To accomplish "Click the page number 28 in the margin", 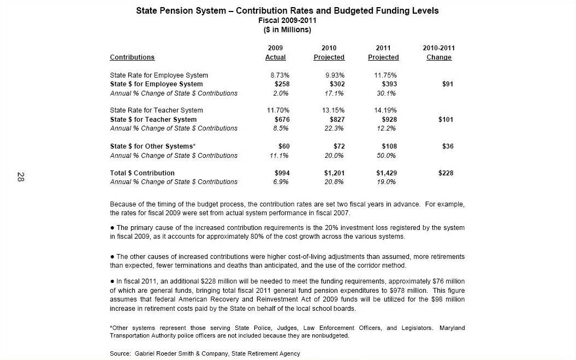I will point(20,176).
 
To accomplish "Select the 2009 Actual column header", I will point(275,53).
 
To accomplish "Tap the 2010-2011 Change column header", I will point(438,53).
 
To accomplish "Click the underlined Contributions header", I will point(132,57).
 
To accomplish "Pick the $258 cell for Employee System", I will point(282,84).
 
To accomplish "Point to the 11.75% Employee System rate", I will point(385,75).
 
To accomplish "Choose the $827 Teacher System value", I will point(337,119).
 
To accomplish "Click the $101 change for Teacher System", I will point(446,119).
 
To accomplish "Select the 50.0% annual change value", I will point(387,155).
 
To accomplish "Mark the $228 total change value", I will point(446,173).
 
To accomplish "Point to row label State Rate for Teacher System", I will point(156,110).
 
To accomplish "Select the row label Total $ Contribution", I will point(142,173).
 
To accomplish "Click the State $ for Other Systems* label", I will point(153,146).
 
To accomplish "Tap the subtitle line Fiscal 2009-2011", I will point(287,20).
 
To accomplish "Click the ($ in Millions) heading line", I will point(287,29).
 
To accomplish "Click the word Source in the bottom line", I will point(120,353).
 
